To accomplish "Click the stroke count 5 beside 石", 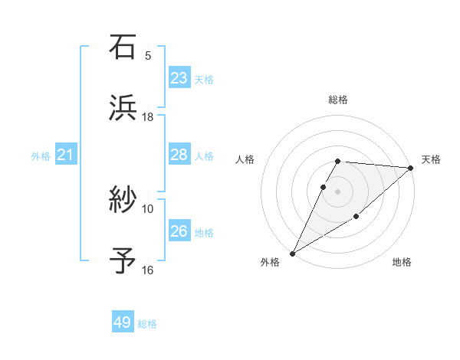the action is [148, 55].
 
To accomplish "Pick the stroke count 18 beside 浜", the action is [148, 116].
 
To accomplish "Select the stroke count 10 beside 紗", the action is [148, 208].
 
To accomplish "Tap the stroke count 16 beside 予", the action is [148, 270].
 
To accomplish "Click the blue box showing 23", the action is [179, 78].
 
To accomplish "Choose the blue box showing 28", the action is [179, 155].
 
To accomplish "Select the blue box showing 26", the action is [179, 231].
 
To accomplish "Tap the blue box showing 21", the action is [65, 155].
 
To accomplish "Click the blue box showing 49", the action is [123, 323].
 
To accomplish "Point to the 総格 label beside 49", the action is [147, 324].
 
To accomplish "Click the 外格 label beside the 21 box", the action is [41, 156].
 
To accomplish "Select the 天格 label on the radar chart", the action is [431, 159].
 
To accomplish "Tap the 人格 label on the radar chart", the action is [245, 159].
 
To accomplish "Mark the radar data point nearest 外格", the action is [292, 253].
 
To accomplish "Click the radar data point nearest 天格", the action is [411, 168].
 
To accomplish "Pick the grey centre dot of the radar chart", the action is [338, 191].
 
